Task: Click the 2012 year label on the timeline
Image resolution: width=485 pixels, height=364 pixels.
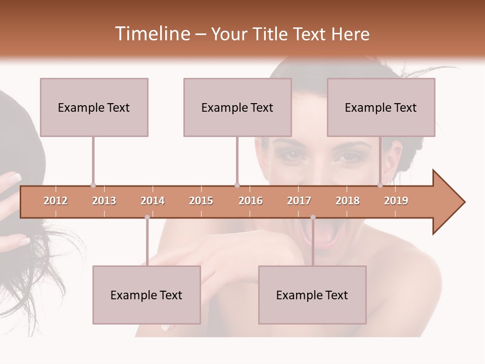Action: (56, 201)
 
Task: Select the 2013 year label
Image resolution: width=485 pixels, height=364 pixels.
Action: (104, 201)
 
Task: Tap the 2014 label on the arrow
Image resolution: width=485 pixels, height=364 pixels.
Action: (153, 201)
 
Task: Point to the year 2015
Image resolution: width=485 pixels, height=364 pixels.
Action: (201, 201)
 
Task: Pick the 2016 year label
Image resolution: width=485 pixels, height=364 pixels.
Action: (251, 201)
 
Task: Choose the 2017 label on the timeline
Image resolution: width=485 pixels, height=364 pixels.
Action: (299, 201)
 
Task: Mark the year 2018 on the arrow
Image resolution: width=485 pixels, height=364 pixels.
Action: (348, 201)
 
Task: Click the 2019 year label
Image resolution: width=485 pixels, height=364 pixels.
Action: (396, 201)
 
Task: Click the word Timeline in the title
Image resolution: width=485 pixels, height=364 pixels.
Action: (152, 34)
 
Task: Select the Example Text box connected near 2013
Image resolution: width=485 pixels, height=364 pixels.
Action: (94, 107)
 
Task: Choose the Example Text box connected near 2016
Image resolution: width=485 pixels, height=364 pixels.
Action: (237, 107)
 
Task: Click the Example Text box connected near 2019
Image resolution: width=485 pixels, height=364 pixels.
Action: (381, 107)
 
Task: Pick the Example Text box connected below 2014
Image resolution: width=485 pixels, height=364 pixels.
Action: (147, 295)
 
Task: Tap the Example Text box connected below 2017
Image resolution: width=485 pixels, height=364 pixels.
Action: (312, 295)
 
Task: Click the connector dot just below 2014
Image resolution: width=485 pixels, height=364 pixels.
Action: (147, 217)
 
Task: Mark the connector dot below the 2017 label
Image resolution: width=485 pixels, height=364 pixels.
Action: (313, 217)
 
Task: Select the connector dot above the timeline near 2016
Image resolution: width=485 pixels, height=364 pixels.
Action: (237, 185)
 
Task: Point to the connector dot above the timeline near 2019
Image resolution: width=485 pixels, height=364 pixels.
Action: (380, 185)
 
